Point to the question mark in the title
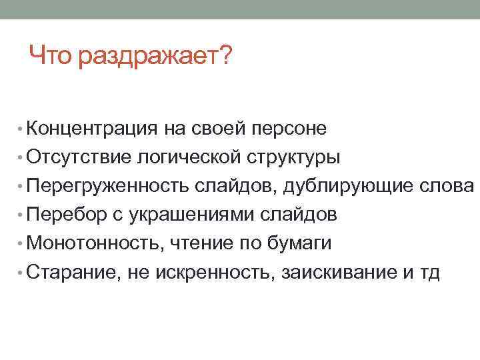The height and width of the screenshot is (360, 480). click(225, 56)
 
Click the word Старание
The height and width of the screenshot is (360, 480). click(69, 273)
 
